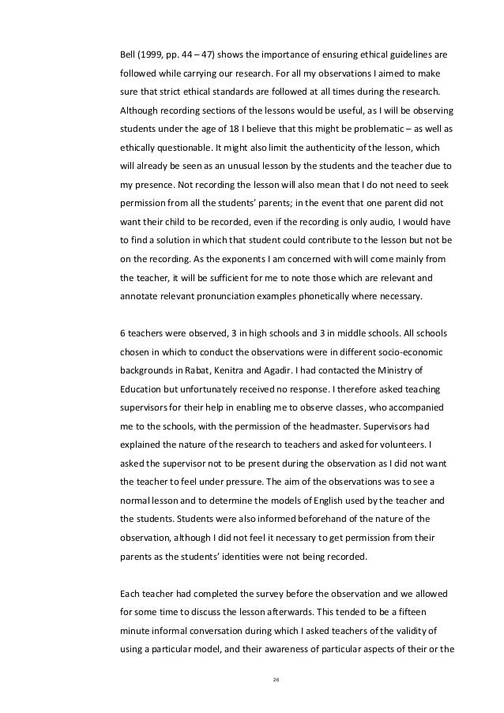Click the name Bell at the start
tap(126, 56)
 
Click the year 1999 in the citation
tap(151, 56)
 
